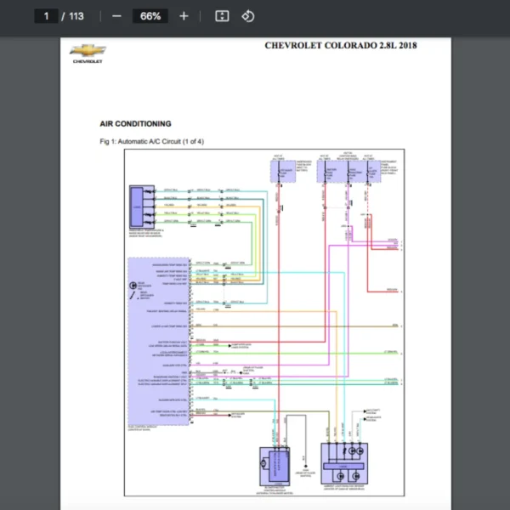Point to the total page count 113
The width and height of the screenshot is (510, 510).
pyautogui.click(x=76, y=16)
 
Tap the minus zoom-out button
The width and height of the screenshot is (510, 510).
pyautogui.click(x=116, y=16)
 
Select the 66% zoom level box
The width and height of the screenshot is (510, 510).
pyautogui.click(x=150, y=16)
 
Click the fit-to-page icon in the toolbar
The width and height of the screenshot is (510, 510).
pyautogui.click(x=222, y=16)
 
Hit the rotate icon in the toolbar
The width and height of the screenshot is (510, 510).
pyautogui.click(x=247, y=16)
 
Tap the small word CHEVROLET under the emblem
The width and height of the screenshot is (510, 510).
pyautogui.click(x=87, y=61)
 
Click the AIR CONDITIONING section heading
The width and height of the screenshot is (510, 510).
pyautogui.click(x=135, y=124)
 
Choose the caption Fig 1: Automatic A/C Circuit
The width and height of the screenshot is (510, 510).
pyautogui.click(x=151, y=141)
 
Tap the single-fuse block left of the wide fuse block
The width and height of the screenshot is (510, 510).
pyautogui.click(x=282, y=171)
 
